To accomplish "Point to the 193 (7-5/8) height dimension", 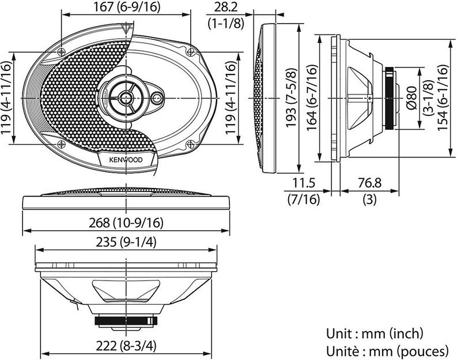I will pyautogui.click(x=292, y=99).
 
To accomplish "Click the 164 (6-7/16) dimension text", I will pyautogui.click(x=311, y=98).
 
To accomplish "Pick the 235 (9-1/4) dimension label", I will pyautogui.click(x=125, y=242).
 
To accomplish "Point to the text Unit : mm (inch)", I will pyautogui.click(x=374, y=333).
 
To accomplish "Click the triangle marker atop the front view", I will pyautogui.click(x=126, y=27).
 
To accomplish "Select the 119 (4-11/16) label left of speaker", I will pyautogui.click(x=7, y=98).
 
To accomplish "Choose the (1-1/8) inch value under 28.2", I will pyautogui.click(x=224, y=23).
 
